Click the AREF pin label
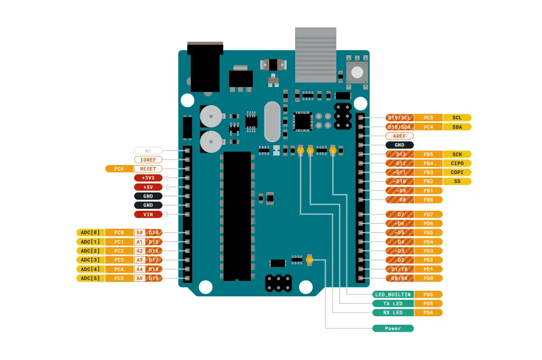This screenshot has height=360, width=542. click(x=399, y=136)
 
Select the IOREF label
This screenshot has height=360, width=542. click(x=148, y=160)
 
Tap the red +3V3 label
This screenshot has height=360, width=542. click(x=148, y=178)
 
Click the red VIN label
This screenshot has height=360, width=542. click(x=148, y=214)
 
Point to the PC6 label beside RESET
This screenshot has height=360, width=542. click(x=119, y=169)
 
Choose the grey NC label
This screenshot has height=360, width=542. click(x=148, y=151)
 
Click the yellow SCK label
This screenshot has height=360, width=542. click(x=457, y=154)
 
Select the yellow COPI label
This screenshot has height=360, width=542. click(x=457, y=172)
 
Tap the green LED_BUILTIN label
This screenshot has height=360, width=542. click(x=393, y=295)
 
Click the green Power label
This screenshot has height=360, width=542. click(x=393, y=329)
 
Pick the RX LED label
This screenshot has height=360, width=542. click(x=393, y=313)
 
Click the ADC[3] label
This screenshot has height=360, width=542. click(x=90, y=260)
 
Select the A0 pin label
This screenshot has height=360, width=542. click(x=139, y=232)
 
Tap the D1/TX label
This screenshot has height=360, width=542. click(x=399, y=269)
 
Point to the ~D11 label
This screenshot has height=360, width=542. click(x=399, y=172)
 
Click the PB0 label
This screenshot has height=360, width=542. click(x=428, y=199)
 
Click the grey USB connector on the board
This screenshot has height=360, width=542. click(x=315, y=55)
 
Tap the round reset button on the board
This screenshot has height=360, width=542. click(x=357, y=73)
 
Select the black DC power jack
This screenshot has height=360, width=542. click(x=205, y=67)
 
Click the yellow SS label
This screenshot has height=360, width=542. click(x=457, y=181)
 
